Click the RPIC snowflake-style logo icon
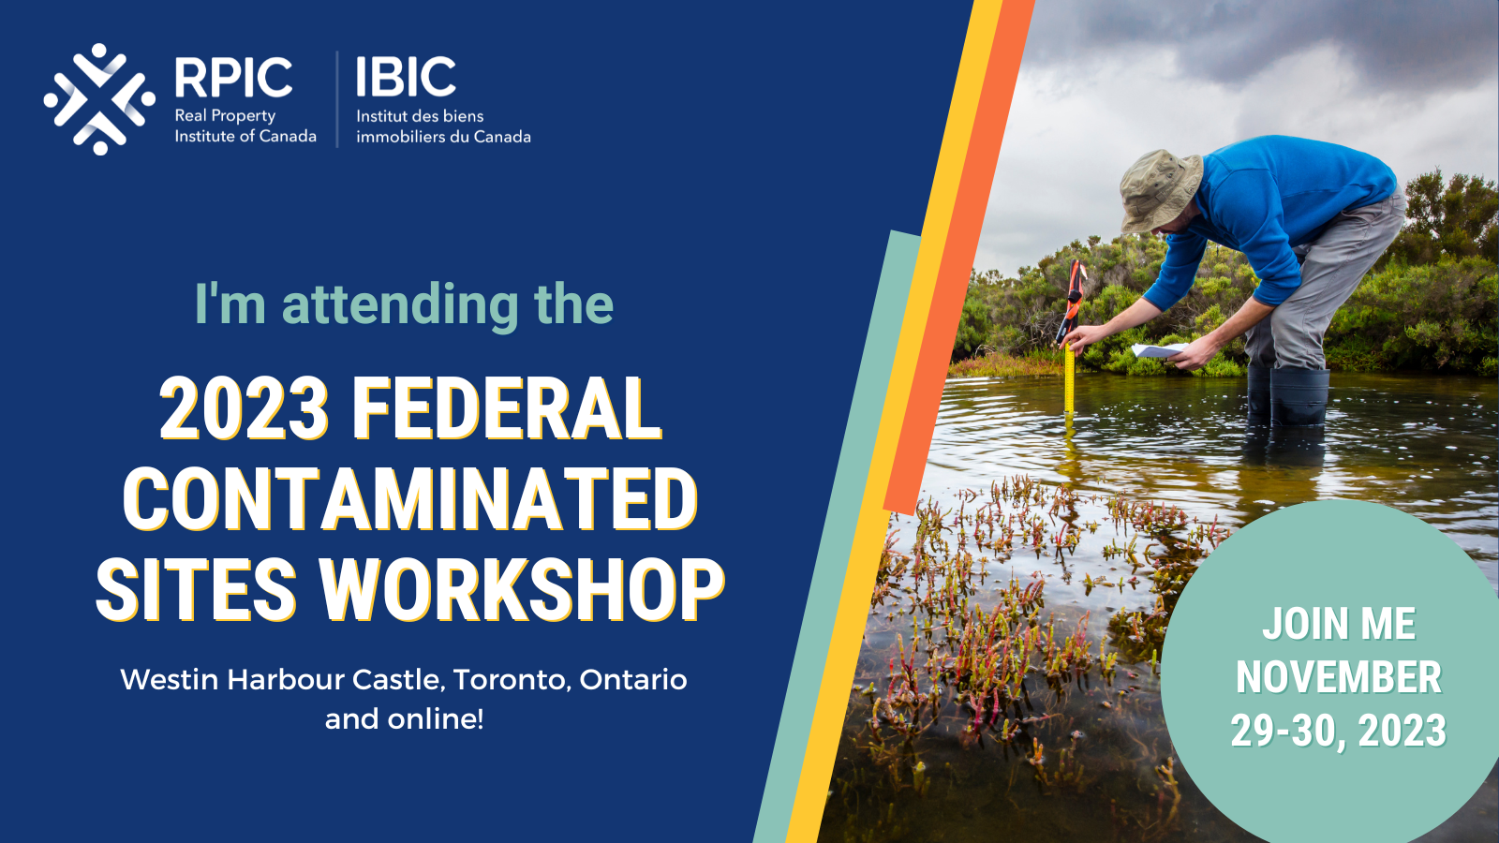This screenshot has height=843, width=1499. click(x=99, y=99)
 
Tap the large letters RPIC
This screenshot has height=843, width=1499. click(x=233, y=77)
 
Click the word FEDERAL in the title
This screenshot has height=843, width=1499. click(x=507, y=408)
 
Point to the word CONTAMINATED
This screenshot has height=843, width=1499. click(x=410, y=498)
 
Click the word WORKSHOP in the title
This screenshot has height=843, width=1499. click(x=522, y=590)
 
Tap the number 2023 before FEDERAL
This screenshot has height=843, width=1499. click(x=245, y=408)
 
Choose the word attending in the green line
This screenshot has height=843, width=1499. click(x=400, y=304)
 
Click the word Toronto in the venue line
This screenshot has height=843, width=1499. click(x=512, y=680)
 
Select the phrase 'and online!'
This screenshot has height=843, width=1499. click(x=404, y=719)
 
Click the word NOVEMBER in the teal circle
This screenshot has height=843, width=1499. click(x=1339, y=678)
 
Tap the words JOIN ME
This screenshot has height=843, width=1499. click(x=1339, y=624)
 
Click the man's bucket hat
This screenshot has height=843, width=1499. click(x=1160, y=190)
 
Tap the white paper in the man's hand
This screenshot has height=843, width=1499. click(x=1158, y=350)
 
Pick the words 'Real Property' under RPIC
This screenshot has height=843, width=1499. click(x=225, y=116)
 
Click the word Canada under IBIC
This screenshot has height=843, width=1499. click(x=502, y=137)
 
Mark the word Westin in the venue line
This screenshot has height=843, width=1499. click(x=170, y=680)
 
